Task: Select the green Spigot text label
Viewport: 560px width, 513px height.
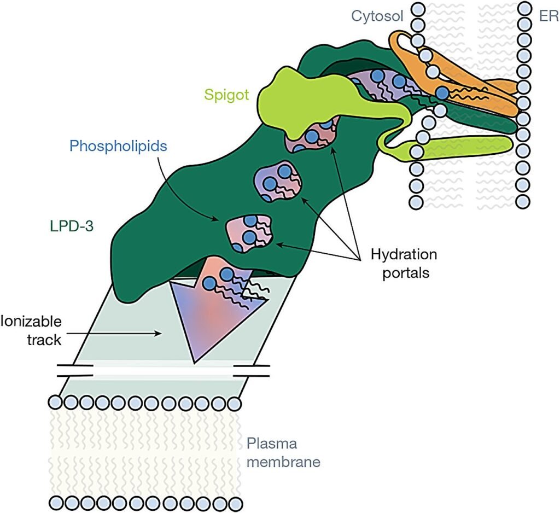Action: click(226, 95)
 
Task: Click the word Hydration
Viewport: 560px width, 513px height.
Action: click(404, 254)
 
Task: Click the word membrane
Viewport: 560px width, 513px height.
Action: click(283, 463)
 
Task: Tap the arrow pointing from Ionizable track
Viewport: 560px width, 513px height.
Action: click(131, 332)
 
